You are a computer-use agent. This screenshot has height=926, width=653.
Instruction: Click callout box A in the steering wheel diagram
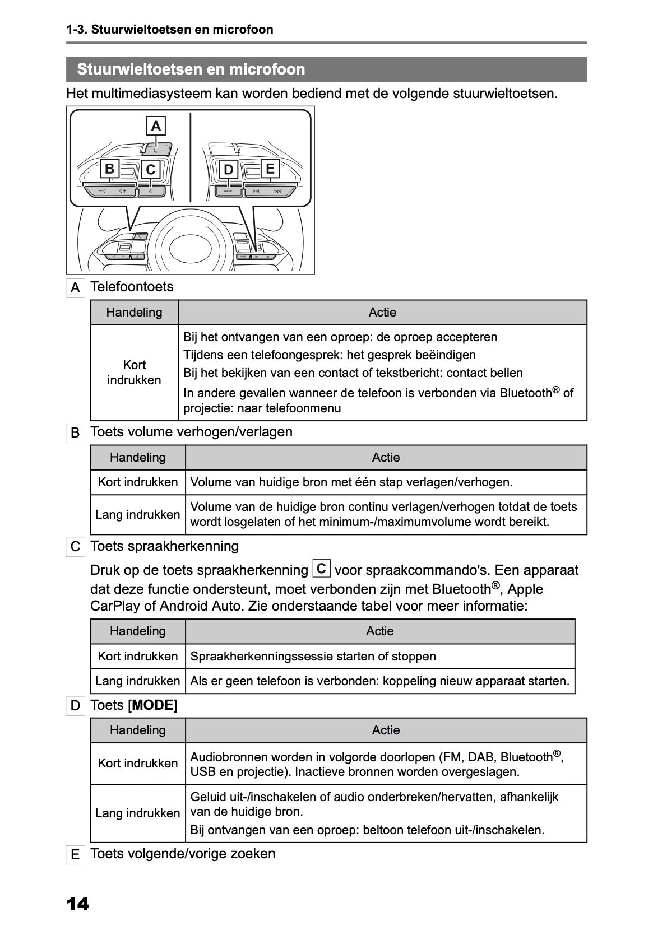(x=156, y=126)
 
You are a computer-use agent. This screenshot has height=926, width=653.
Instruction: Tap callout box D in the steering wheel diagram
(x=228, y=169)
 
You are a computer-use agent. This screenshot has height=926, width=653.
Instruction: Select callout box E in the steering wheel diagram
(x=270, y=169)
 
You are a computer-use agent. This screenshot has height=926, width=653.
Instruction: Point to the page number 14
(x=77, y=904)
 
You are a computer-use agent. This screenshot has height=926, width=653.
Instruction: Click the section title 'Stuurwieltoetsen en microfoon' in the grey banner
(x=191, y=69)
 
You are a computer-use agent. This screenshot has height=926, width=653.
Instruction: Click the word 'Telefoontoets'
(x=132, y=287)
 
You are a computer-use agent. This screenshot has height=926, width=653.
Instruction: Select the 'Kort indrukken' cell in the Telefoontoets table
(x=134, y=373)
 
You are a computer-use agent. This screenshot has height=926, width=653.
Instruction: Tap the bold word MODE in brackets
(x=153, y=705)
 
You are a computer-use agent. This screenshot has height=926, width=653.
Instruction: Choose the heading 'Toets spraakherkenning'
(x=164, y=546)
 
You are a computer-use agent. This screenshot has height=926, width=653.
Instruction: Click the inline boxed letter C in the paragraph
(x=321, y=569)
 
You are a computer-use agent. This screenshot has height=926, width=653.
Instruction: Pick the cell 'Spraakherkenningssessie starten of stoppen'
(x=313, y=657)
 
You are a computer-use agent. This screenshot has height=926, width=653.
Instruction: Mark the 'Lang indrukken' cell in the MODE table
(x=137, y=813)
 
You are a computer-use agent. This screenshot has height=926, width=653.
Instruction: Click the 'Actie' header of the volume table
(x=386, y=458)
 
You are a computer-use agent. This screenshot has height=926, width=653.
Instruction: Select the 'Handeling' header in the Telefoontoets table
(x=134, y=313)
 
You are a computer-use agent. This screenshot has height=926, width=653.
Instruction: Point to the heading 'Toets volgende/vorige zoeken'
(x=183, y=854)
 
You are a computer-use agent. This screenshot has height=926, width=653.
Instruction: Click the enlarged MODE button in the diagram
(x=228, y=191)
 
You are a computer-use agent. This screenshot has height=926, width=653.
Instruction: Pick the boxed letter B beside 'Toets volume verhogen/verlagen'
(x=75, y=433)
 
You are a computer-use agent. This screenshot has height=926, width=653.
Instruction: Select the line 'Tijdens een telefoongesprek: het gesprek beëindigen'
(x=330, y=355)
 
